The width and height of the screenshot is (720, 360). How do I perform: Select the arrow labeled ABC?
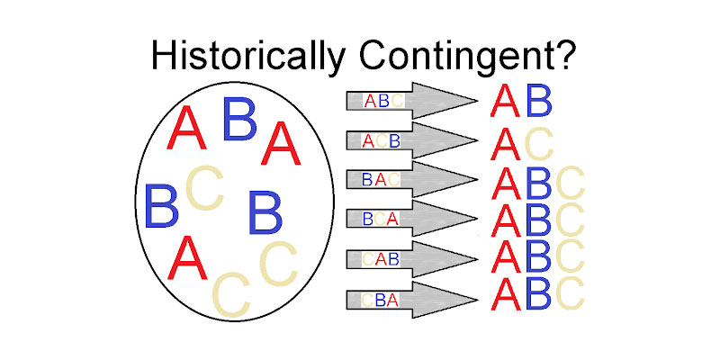point(409,101)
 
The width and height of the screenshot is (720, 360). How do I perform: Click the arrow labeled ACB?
point(409,141)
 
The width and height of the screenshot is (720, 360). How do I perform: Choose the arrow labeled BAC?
point(409,180)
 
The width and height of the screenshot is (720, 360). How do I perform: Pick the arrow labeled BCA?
point(409,219)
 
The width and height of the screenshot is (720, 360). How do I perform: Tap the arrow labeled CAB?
point(409,259)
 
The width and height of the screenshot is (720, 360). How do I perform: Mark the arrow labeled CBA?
point(409,300)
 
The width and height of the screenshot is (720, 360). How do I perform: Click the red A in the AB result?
point(505,101)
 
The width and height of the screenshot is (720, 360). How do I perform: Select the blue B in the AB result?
point(538,101)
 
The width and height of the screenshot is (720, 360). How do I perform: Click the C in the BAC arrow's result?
point(570,184)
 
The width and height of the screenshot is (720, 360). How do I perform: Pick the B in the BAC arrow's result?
point(538,184)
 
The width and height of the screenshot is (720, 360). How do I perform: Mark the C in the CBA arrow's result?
point(570,293)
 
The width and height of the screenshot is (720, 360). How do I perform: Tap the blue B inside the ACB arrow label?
point(394,141)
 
